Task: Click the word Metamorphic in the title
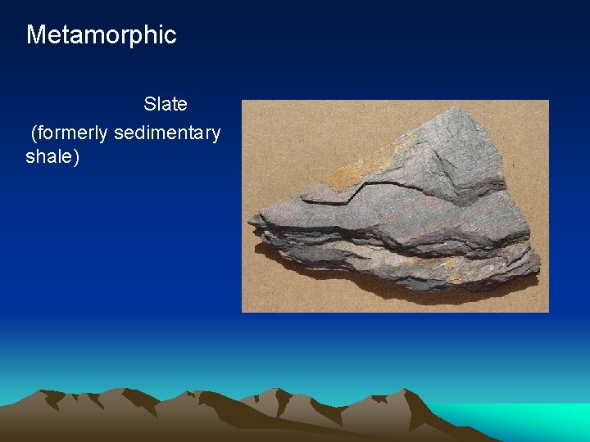click(x=101, y=34)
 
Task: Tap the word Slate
click(x=166, y=104)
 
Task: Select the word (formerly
click(x=70, y=133)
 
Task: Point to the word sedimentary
click(x=167, y=133)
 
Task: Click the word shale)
click(x=52, y=156)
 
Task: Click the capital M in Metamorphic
click(x=35, y=34)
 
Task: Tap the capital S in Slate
click(x=149, y=104)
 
